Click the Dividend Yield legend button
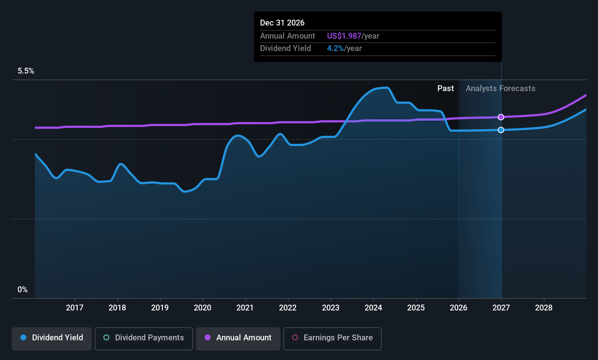[x=51, y=339]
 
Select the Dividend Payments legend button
[x=143, y=339]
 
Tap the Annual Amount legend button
[x=238, y=339]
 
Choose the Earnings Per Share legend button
[x=333, y=339]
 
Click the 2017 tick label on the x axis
[x=75, y=308]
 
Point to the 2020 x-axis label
[x=202, y=308]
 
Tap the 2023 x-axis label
[x=330, y=308]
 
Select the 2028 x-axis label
[x=544, y=308]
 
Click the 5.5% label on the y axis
[x=26, y=71]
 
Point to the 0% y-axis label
[x=23, y=290]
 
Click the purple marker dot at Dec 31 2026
[x=501, y=117]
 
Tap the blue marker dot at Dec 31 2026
[x=501, y=130]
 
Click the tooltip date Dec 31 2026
[x=282, y=23]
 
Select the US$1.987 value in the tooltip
[x=344, y=36]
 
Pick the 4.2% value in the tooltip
[x=335, y=48]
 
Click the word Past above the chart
[x=445, y=89]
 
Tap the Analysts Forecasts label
[x=500, y=89]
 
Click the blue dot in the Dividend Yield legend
[x=24, y=337]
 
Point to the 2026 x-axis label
[x=459, y=308]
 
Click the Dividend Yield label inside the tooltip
[x=286, y=48]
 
